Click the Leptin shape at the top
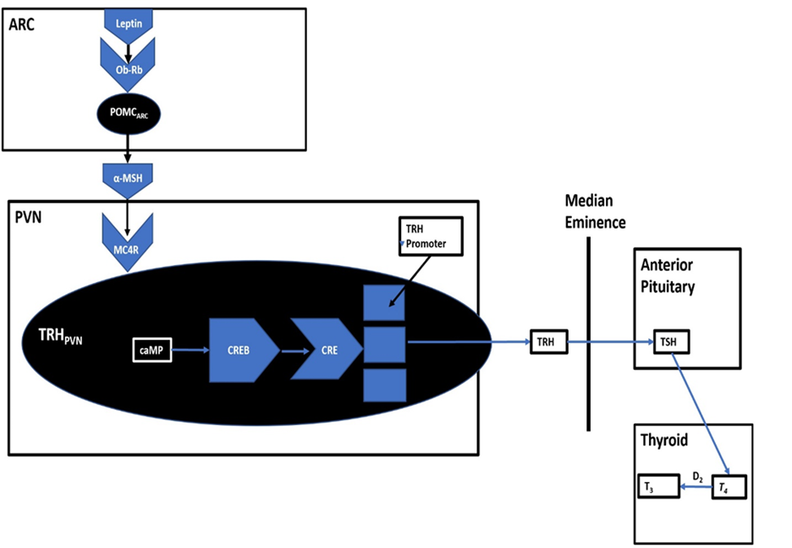[x=128, y=24]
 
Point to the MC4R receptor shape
[x=128, y=241]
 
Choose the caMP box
[x=152, y=349]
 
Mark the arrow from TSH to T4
[x=701, y=415]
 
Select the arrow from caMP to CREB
[x=190, y=349]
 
